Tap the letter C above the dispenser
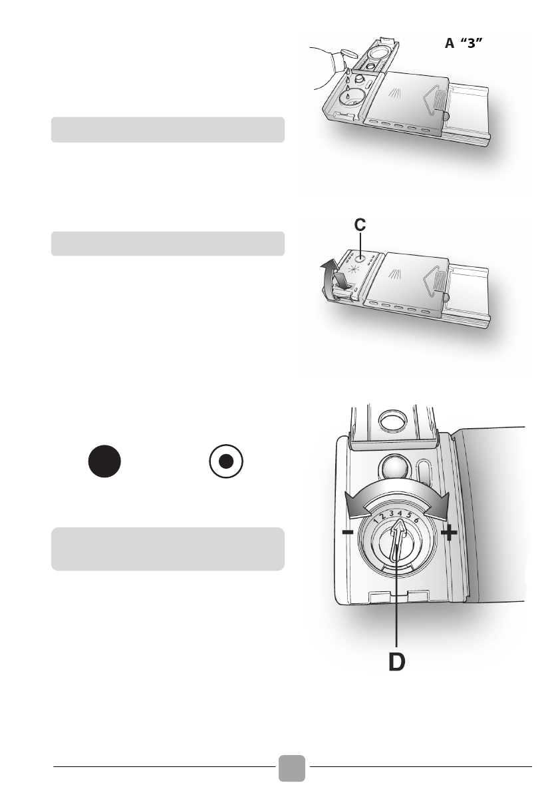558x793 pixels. tap(359, 226)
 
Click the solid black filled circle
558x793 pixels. tap(104, 461)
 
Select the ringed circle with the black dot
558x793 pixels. tap(226, 461)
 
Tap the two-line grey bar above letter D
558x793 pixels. tap(168, 549)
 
